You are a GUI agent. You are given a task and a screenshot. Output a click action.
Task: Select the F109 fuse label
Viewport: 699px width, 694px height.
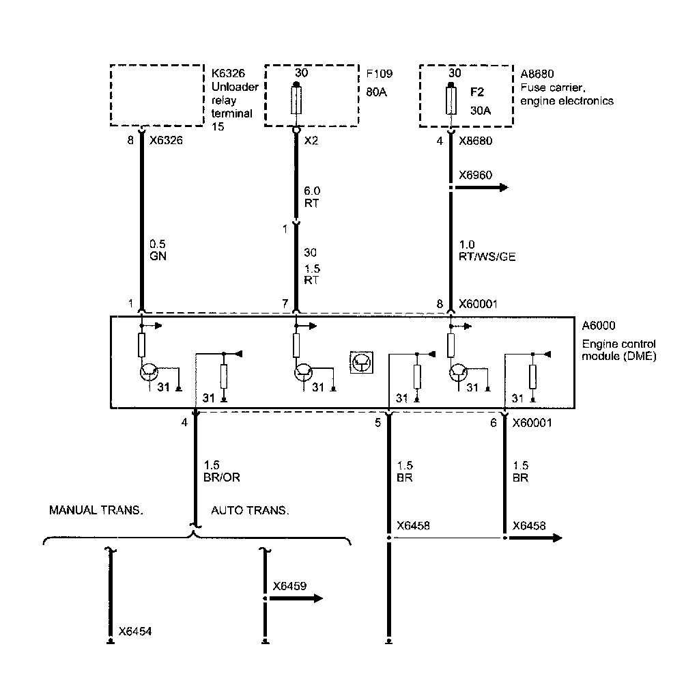(x=380, y=74)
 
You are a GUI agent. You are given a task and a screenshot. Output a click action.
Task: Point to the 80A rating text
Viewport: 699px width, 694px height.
(x=376, y=92)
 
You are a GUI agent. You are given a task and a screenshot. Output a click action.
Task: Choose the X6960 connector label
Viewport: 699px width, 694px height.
(x=476, y=175)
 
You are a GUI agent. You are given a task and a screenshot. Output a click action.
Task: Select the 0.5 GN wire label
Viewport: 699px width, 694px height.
(x=158, y=250)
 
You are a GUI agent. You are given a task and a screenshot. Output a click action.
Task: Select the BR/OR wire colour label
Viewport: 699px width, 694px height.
(x=222, y=477)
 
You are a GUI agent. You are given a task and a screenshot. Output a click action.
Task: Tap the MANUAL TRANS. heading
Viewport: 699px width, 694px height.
(x=96, y=510)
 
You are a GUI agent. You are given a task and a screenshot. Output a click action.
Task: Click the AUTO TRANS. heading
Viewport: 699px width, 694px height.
(x=250, y=510)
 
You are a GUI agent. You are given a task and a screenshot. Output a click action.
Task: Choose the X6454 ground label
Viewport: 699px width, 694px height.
(x=134, y=631)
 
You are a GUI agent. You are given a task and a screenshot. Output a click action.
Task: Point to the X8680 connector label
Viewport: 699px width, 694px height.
(x=476, y=141)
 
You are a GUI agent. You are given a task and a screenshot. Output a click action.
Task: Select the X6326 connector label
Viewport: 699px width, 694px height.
(x=167, y=141)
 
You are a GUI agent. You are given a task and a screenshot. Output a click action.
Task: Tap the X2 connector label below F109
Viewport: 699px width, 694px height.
(x=311, y=141)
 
